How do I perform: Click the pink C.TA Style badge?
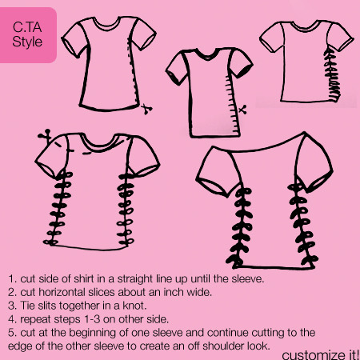(x=28, y=35)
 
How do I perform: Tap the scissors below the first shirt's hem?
(x=146, y=109)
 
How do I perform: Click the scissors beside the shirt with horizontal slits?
(x=242, y=110)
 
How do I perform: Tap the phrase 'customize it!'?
(x=321, y=355)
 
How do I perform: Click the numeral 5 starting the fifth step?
(x=11, y=333)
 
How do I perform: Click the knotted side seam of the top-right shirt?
(x=332, y=74)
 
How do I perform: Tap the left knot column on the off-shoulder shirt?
(x=241, y=227)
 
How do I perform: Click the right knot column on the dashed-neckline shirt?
(x=126, y=209)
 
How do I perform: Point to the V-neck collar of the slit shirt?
(x=207, y=54)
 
